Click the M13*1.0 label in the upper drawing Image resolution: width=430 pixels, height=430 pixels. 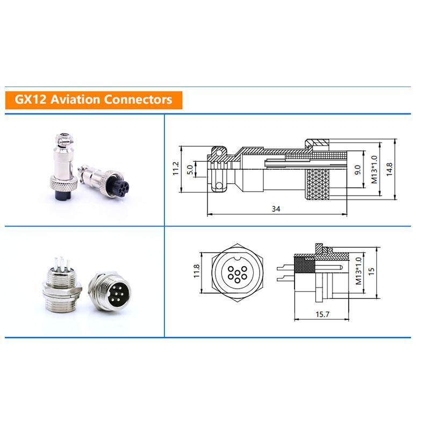[x=374, y=169]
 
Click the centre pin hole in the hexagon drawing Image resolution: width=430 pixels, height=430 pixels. [x=236, y=273]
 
